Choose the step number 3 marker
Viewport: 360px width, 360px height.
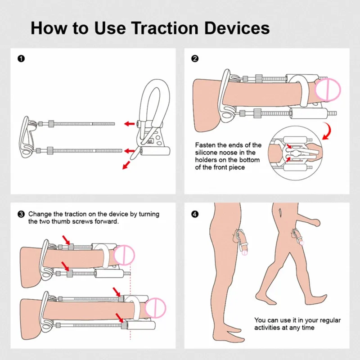click(21, 214)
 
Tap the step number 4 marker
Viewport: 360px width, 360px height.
click(194, 214)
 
